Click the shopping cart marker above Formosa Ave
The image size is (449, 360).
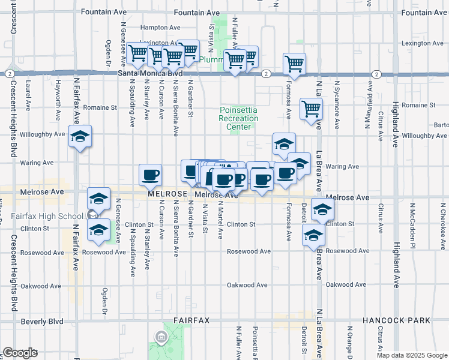294,63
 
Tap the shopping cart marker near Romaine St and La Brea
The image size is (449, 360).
312,109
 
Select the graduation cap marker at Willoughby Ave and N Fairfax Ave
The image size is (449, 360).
80,136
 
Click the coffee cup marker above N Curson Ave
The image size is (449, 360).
150,175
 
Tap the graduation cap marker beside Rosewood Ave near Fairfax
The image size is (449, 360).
99,229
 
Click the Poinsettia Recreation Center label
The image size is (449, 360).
239,115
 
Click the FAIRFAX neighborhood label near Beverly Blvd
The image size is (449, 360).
191,320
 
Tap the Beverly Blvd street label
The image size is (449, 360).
42,322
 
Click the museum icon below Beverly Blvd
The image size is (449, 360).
161,337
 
